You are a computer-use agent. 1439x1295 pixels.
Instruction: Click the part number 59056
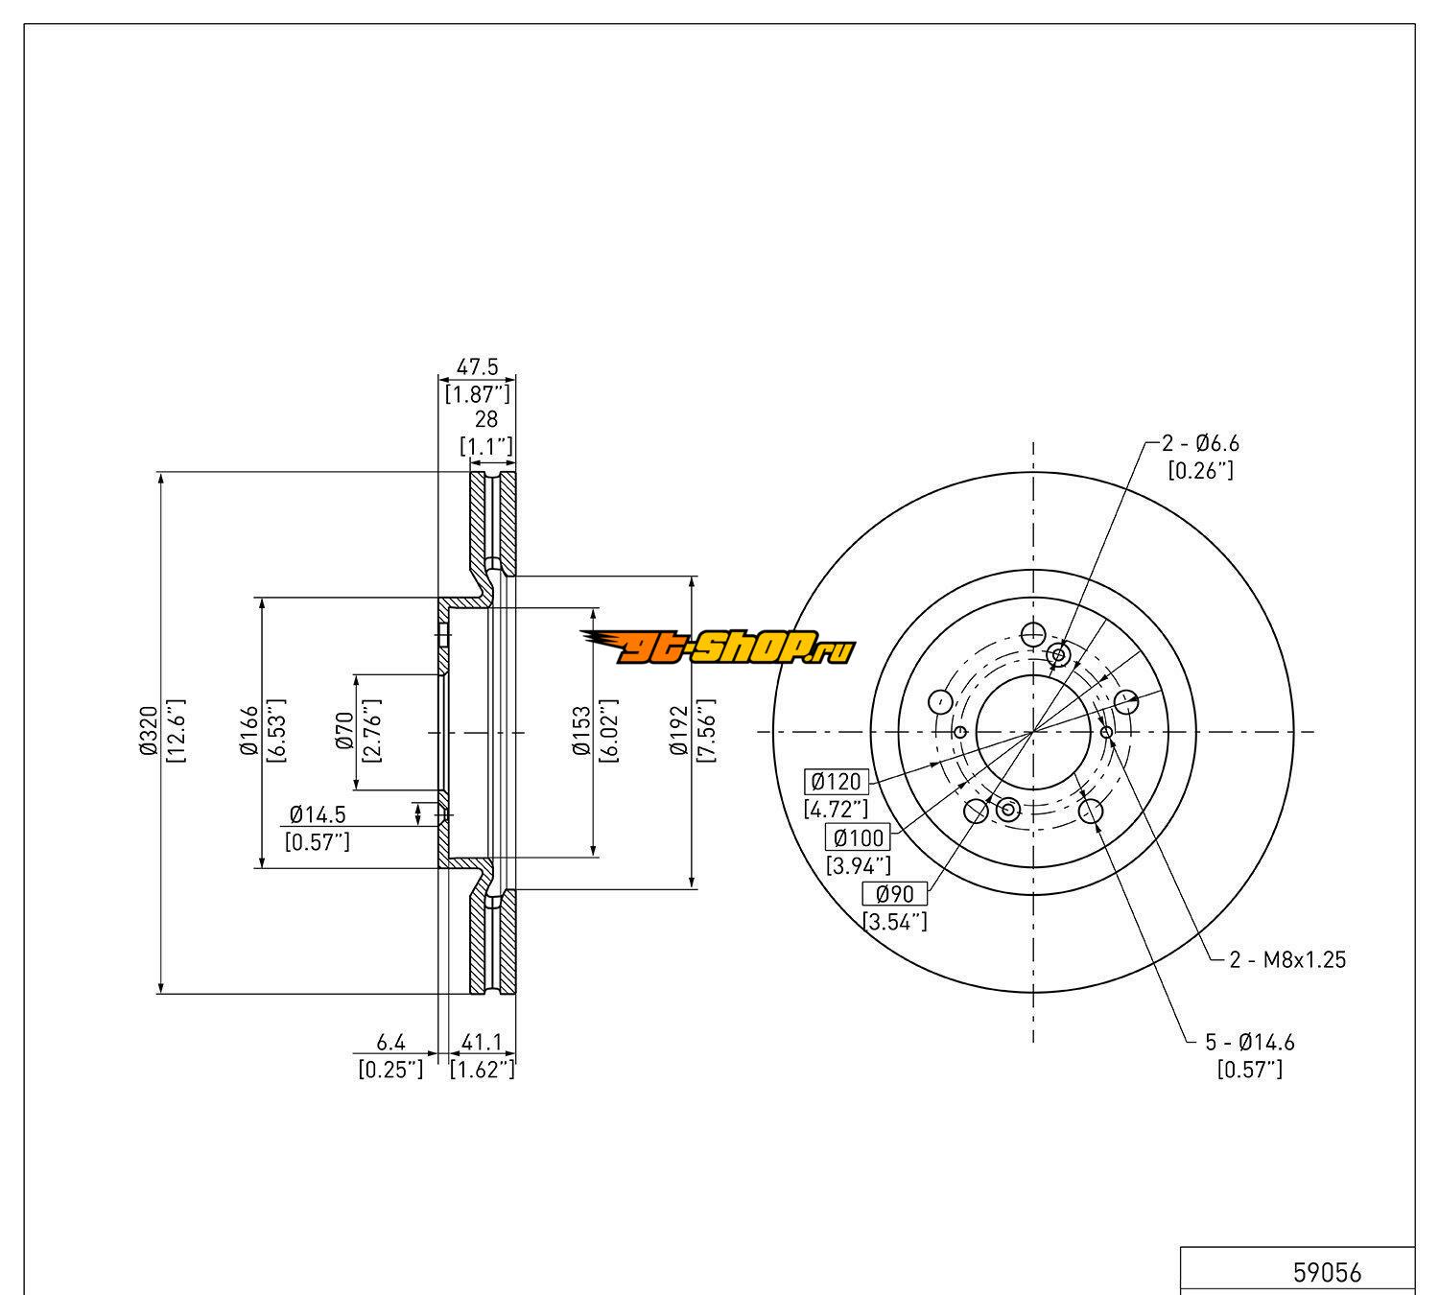click(1327, 1273)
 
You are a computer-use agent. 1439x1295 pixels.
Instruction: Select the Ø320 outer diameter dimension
click(148, 732)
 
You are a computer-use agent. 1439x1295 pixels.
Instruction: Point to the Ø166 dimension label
click(249, 732)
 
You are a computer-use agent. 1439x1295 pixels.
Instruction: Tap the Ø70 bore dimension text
click(344, 732)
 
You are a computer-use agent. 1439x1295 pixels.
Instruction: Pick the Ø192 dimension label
click(681, 732)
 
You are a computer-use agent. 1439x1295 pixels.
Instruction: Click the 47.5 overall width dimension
click(477, 366)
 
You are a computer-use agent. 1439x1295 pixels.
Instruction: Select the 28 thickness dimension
click(486, 419)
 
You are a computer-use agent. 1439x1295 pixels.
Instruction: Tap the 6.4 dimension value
click(390, 1041)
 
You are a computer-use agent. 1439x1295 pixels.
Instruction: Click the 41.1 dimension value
click(483, 1041)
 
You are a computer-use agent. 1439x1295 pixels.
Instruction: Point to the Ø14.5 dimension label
click(318, 814)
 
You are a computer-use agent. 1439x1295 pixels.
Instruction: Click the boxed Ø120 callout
click(836, 781)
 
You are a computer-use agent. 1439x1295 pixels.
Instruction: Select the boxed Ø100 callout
click(859, 837)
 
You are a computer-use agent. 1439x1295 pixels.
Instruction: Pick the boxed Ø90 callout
click(895, 894)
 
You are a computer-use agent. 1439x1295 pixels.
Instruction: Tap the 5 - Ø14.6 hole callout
click(1250, 1042)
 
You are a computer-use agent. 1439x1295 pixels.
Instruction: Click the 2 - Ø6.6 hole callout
click(1200, 443)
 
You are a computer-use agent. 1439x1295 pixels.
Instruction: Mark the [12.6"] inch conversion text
click(175, 732)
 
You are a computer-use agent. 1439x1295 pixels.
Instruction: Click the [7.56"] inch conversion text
click(708, 732)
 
